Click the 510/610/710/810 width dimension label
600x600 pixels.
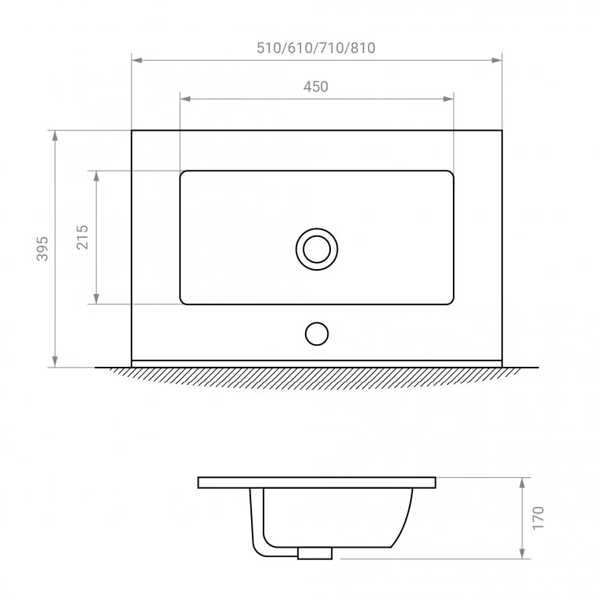[x=316, y=48]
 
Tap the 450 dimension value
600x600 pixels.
[x=316, y=87]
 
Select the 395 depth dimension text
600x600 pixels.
[x=42, y=249]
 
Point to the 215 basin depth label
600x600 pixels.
[x=82, y=237]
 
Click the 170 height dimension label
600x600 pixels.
[x=538, y=518]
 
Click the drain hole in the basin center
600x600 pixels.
[x=317, y=250]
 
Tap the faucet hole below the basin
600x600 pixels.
[x=317, y=334]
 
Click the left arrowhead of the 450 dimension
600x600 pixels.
[x=185, y=99]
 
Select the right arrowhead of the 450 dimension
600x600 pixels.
[x=448, y=99]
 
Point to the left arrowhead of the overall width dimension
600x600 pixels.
[x=137, y=60]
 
